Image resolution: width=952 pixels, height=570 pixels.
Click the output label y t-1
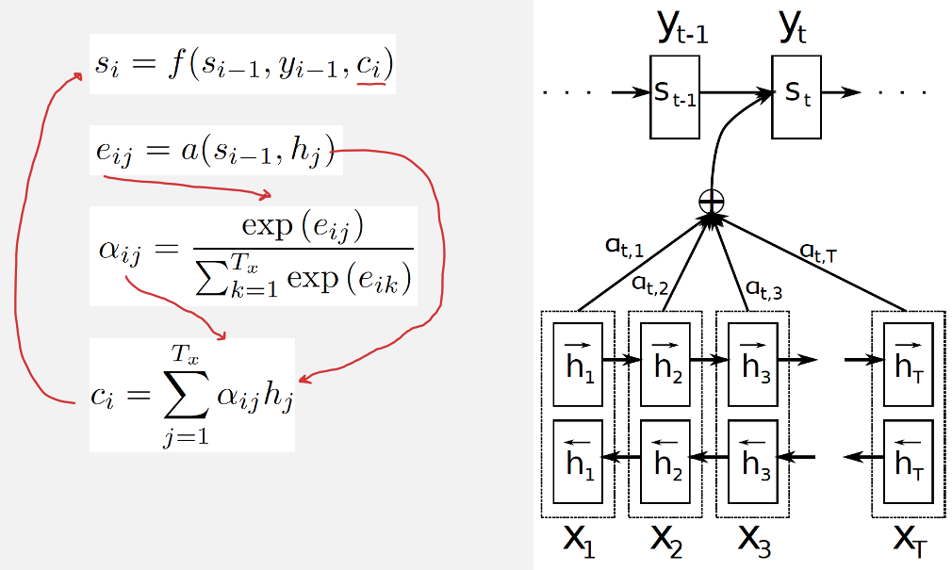[x=681, y=31]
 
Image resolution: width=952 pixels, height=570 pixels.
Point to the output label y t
[x=792, y=31]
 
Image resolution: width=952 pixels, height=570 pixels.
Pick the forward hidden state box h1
[x=577, y=365]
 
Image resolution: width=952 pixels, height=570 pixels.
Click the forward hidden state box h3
[x=752, y=365]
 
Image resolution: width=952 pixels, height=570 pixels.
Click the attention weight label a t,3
[x=763, y=288]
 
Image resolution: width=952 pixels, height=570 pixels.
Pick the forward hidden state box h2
[x=665, y=365]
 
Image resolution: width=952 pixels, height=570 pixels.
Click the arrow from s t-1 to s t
[x=735, y=93]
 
